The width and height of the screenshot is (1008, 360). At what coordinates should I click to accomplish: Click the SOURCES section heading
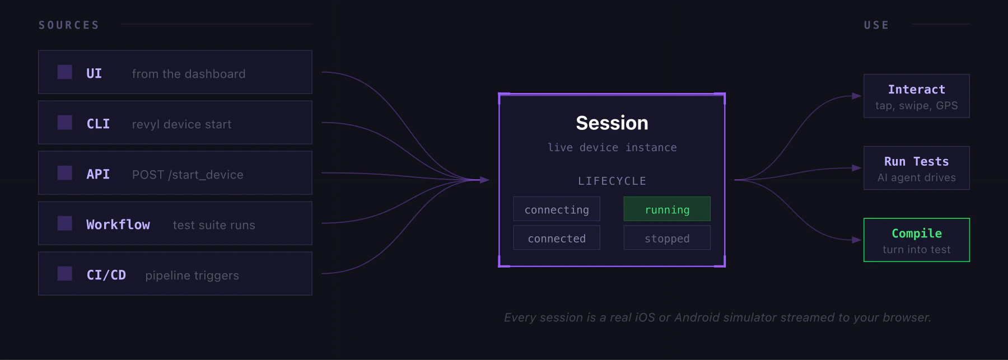(x=69, y=25)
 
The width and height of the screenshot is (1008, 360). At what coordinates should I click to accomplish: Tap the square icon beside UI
(x=65, y=72)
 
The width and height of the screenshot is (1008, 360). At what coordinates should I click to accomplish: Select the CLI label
(x=98, y=124)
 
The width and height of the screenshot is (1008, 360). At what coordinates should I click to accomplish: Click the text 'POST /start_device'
(x=188, y=175)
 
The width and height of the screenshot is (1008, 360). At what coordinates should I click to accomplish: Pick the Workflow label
(x=118, y=225)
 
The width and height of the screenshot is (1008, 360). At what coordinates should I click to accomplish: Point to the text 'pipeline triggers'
(x=192, y=275)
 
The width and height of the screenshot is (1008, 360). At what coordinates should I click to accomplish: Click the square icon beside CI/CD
(x=65, y=274)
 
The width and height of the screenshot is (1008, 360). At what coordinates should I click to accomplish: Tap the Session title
(x=612, y=123)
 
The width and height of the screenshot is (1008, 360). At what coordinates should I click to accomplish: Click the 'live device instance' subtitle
(x=612, y=148)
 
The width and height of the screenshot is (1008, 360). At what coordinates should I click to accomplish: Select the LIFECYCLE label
(x=612, y=181)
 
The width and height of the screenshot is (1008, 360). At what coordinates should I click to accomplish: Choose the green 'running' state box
(x=667, y=209)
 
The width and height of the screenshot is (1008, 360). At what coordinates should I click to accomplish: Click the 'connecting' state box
(x=557, y=209)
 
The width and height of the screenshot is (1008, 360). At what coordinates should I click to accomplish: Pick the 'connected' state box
(x=557, y=239)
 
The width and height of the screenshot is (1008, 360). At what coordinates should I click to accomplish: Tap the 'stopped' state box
(x=667, y=239)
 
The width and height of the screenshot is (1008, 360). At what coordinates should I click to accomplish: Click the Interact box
(x=917, y=96)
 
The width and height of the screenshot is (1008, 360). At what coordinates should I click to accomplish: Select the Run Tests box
(x=917, y=168)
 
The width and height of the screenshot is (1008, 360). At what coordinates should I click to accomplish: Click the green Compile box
(x=917, y=240)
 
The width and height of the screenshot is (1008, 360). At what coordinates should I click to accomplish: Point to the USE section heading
(x=876, y=25)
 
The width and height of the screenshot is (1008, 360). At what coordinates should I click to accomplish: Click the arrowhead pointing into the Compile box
(x=857, y=240)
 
